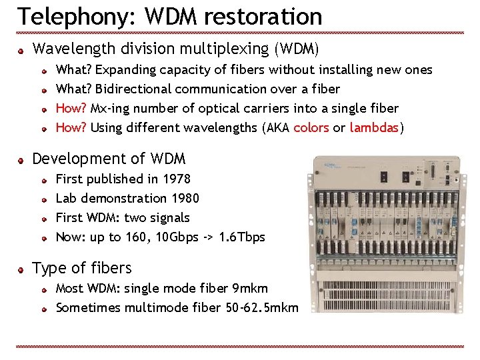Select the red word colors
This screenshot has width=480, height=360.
311,127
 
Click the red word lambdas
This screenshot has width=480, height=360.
374,127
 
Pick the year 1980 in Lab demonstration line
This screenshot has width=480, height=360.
185,198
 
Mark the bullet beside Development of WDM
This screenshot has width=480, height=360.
21,160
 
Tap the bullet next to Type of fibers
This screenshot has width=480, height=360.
21,269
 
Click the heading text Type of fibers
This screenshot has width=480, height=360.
82,268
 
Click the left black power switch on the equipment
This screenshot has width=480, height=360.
383,177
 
